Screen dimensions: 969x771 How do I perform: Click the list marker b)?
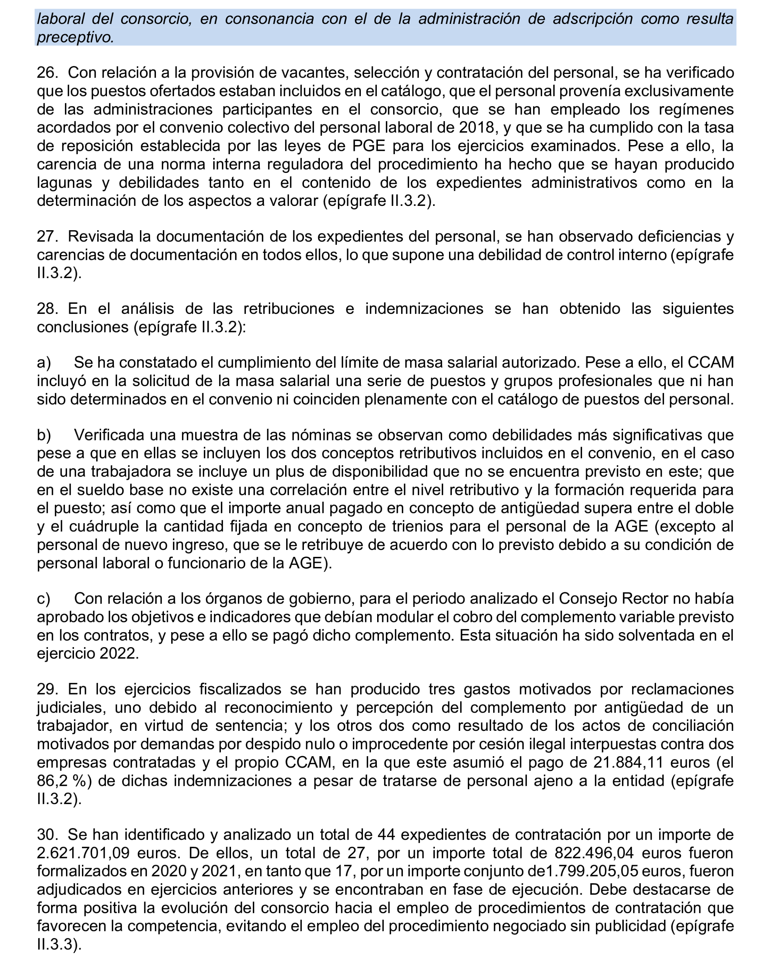coord(44,435)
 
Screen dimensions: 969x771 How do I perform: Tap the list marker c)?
coord(44,598)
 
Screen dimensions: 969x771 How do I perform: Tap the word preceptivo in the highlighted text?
coord(75,38)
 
